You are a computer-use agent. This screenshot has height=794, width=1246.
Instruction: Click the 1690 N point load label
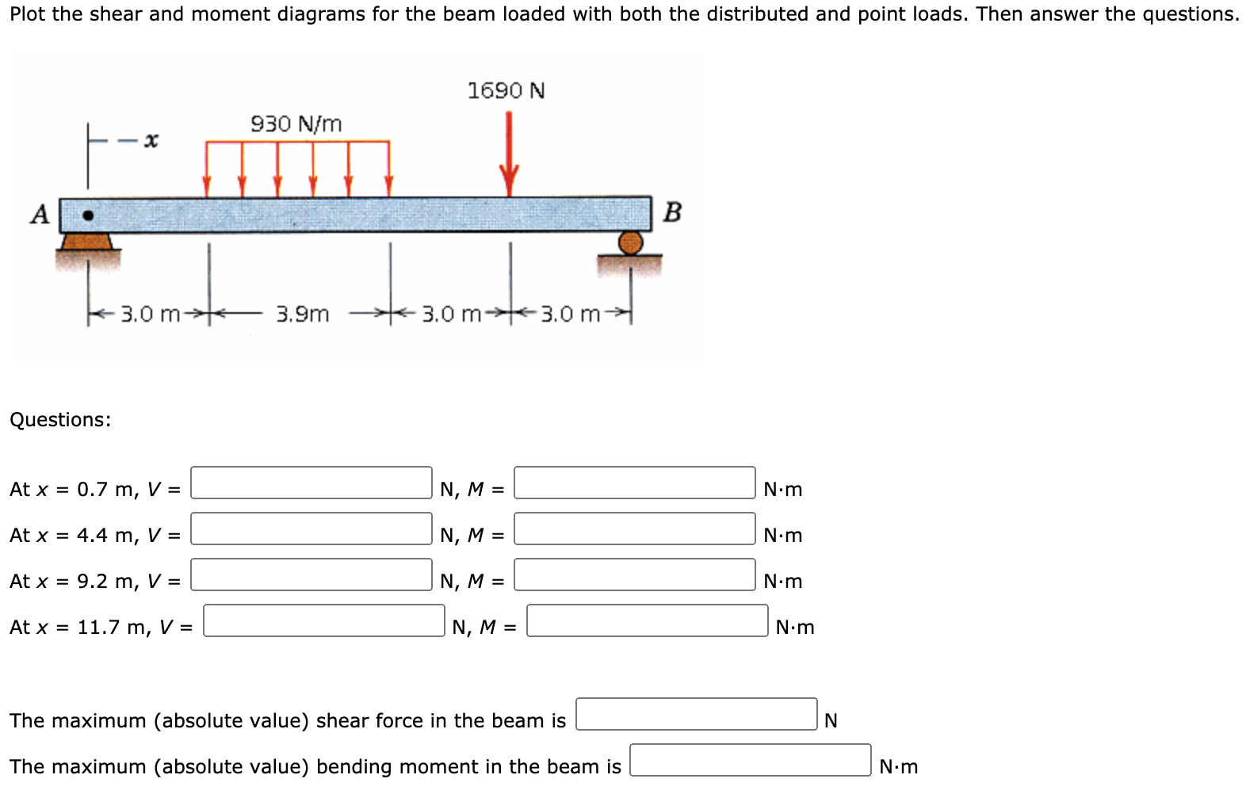pyautogui.click(x=506, y=91)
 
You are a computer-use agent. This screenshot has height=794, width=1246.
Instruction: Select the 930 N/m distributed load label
pyautogui.click(x=296, y=124)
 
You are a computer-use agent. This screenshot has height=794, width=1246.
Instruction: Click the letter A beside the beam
pyautogui.click(x=40, y=214)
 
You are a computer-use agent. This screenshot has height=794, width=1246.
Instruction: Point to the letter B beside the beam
pyautogui.click(x=672, y=212)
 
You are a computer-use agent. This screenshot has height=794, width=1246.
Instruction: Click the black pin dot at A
pyautogui.click(x=88, y=215)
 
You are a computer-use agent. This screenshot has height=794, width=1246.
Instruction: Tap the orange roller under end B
pyautogui.click(x=630, y=242)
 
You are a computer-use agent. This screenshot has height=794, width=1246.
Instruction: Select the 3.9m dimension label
pyautogui.click(x=302, y=315)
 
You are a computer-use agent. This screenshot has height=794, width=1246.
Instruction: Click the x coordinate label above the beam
pyautogui.click(x=151, y=141)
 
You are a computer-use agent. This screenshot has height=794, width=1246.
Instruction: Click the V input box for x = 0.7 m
pyautogui.click(x=311, y=483)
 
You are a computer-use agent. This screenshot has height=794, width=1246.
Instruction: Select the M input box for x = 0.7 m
pyautogui.click(x=634, y=483)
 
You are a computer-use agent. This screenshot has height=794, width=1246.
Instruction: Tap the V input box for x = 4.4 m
pyautogui.click(x=311, y=529)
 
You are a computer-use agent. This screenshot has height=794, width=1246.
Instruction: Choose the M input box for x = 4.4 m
pyautogui.click(x=634, y=529)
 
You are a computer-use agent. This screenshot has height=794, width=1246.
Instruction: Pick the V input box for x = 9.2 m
pyautogui.click(x=311, y=575)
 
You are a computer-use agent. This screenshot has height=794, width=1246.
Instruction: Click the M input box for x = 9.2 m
pyautogui.click(x=634, y=575)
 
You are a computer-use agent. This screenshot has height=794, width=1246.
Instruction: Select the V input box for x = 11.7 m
pyautogui.click(x=323, y=620)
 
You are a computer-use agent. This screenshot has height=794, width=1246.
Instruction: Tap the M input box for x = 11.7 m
pyautogui.click(x=647, y=620)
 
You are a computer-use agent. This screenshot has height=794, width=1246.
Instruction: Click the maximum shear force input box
pyautogui.click(x=696, y=714)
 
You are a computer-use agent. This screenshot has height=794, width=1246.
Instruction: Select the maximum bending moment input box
pyautogui.click(x=750, y=760)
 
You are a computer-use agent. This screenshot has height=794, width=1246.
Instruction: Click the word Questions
pyautogui.click(x=60, y=420)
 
